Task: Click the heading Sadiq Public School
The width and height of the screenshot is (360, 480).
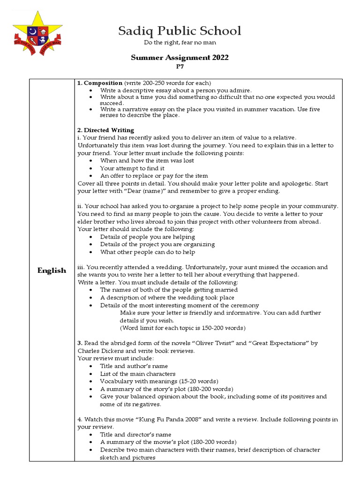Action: [x=180, y=31]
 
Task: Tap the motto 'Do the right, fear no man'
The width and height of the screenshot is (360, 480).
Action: [x=180, y=43]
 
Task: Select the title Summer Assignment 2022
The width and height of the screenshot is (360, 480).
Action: [x=180, y=58]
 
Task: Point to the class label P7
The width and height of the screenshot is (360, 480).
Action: [x=180, y=67]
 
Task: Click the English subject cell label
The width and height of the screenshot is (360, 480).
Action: [x=52, y=270]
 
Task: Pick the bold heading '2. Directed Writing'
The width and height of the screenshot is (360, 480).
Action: [x=105, y=130]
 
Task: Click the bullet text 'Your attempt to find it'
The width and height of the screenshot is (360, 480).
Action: [x=132, y=168]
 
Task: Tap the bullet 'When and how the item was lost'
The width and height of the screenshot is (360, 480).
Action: [x=147, y=160]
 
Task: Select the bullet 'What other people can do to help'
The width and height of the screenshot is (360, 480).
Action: [x=147, y=252]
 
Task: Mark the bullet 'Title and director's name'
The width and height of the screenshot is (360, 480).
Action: [x=135, y=435]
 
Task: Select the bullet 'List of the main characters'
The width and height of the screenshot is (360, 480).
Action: [x=138, y=374]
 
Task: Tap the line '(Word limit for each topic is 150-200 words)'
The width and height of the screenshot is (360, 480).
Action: [x=182, y=328]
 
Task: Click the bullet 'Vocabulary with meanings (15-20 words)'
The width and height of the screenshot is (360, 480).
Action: [x=159, y=381]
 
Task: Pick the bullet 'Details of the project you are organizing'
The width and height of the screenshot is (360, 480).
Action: [x=157, y=244]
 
